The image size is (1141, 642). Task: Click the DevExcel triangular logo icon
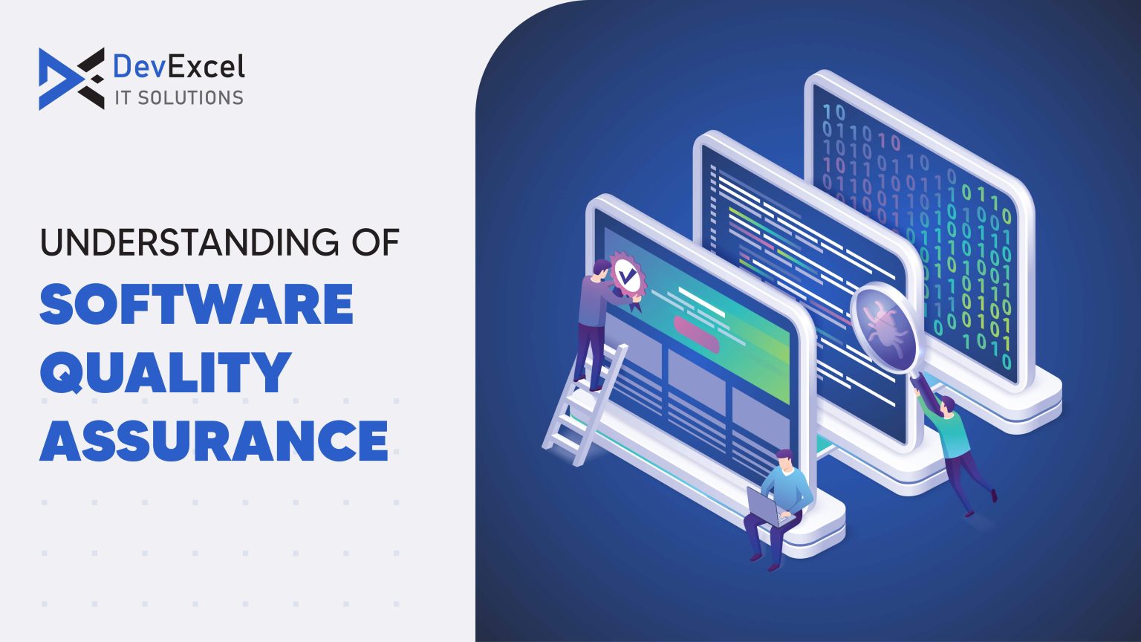coord(71,79)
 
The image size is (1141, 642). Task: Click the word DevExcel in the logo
coord(178,67)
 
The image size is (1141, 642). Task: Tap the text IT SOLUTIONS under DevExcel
coord(178,97)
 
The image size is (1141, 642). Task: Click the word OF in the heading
coord(375,242)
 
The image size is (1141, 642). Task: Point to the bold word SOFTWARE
coord(196,305)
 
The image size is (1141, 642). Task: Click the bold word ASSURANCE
coord(214,440)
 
